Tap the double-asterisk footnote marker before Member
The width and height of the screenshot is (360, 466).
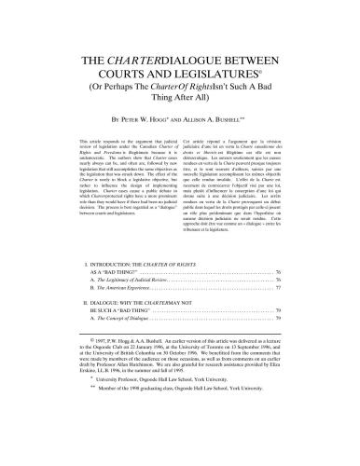pos(77,445)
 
